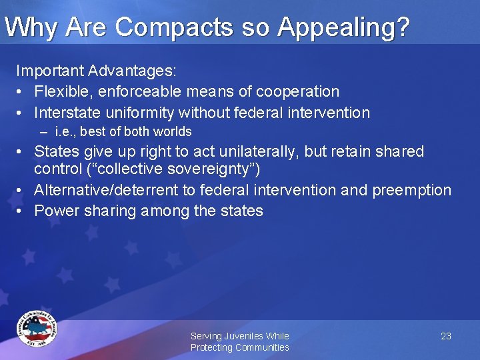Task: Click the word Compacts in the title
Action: [x=169, y=27]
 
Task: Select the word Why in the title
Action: [x=30, y=27]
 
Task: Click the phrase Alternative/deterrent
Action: [x=106, y=190]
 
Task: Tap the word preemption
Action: [x=412, y=190]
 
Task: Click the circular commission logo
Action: [x=37, y=329]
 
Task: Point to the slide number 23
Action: [x=446, y=336]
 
